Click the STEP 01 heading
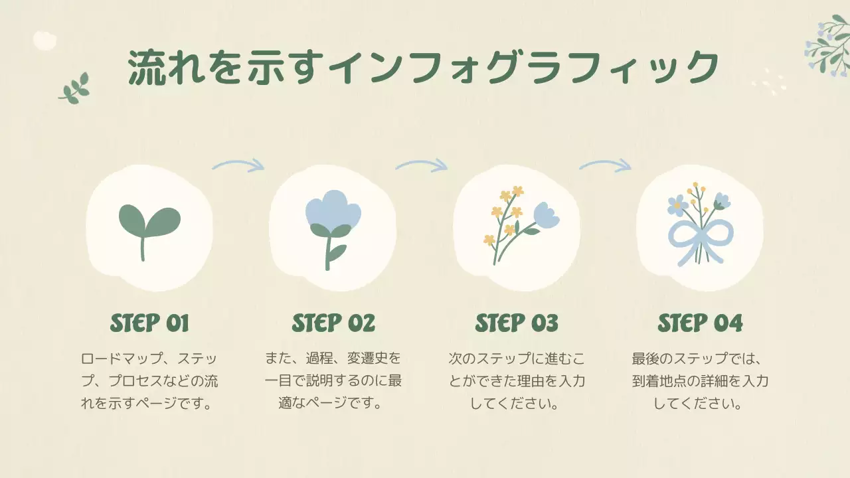coord(149,323)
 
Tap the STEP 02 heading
coord(333,323)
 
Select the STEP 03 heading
coord(517,323)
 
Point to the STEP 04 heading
coord(700,323)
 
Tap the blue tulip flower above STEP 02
coord(333,208)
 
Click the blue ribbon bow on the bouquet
coord(700,236)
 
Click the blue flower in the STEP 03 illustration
coord(547,214)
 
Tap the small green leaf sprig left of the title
coord(74,89)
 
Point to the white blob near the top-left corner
coord(44,40)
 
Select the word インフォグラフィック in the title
coord(525,67)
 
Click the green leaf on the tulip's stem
coord(338,252)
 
